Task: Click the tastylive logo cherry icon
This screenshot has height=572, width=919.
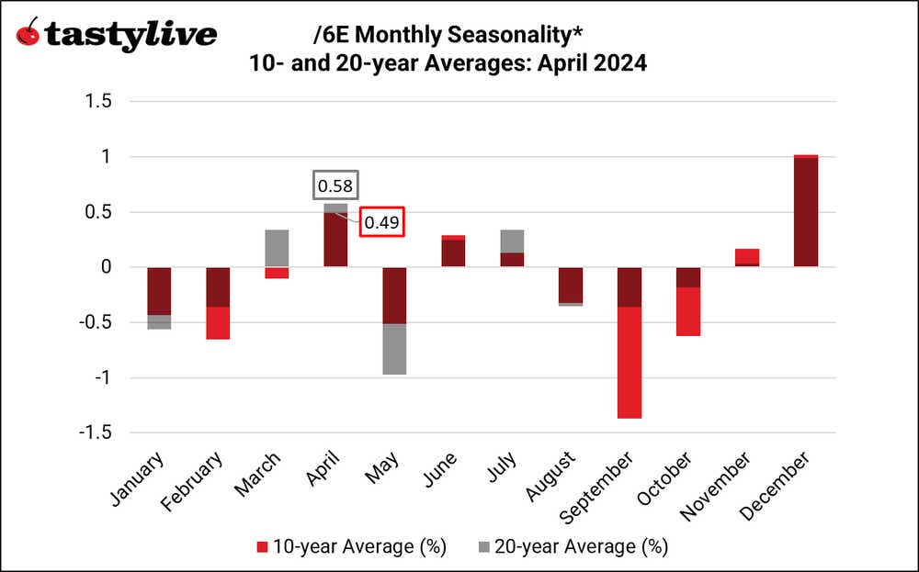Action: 28,33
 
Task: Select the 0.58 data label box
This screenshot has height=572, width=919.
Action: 335,185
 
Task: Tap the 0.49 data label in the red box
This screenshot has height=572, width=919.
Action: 380,222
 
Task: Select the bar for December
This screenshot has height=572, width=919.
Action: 805,211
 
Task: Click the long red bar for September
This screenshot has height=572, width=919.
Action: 630,363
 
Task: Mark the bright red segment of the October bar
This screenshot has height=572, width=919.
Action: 688,312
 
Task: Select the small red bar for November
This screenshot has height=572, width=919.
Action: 747,256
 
